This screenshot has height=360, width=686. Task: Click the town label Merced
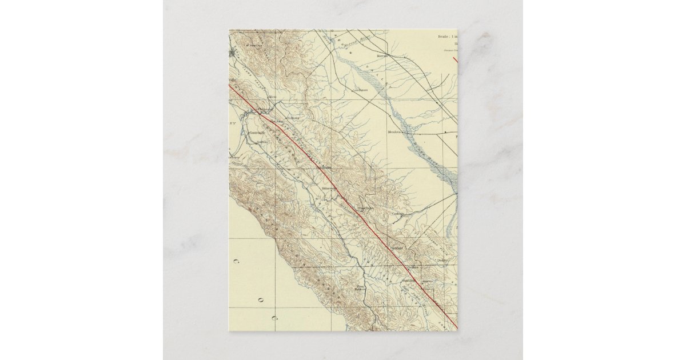382,57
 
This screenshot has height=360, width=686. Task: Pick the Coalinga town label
398,214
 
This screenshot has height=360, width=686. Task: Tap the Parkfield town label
397,248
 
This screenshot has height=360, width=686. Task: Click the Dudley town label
441,260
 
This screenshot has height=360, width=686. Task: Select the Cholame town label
414,267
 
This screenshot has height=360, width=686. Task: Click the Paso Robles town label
360,288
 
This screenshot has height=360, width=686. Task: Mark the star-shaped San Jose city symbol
232,54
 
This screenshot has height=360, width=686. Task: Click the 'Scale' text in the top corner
444,37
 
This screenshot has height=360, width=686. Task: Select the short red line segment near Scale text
456,59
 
